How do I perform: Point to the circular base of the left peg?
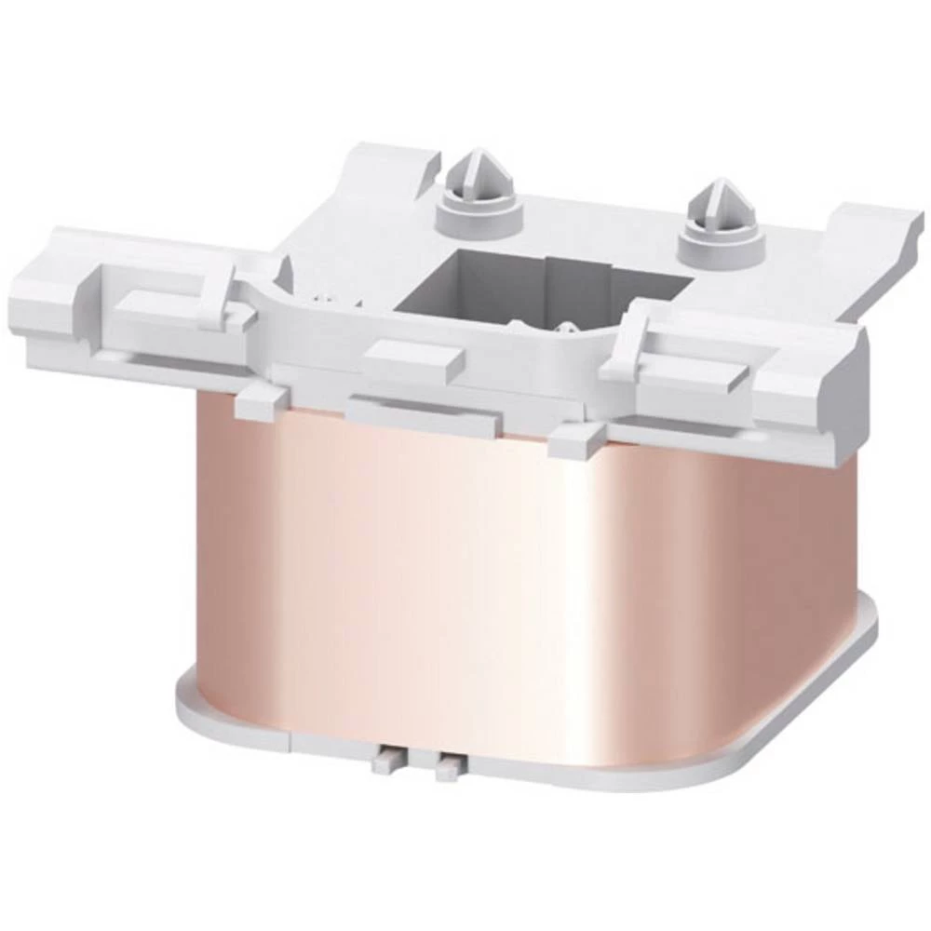479,220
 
